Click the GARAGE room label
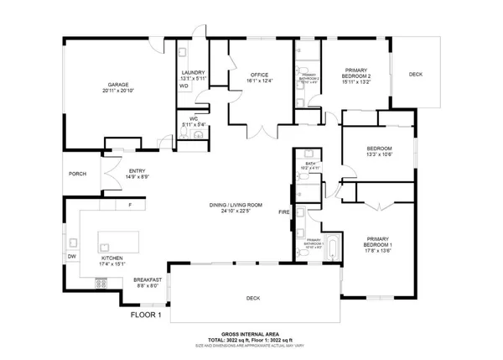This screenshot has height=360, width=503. click(117, 85)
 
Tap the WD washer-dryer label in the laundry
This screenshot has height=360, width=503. click(183, 86)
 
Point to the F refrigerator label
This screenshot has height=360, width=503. click(129, 205)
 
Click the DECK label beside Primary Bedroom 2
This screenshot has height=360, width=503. click(416, 75)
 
